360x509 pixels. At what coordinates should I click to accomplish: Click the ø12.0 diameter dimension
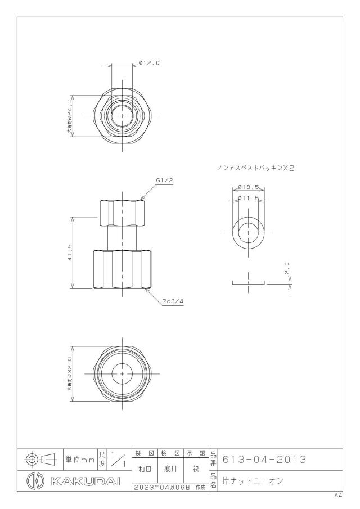(149, 63)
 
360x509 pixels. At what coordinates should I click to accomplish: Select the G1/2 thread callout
(164, 181)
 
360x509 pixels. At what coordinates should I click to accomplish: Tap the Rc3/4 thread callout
(173, 301)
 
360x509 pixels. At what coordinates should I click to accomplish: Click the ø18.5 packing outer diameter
(248, 187)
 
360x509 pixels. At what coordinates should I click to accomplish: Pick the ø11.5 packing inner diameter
(248, 197)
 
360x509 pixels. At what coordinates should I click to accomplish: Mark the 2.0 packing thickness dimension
(287, 268)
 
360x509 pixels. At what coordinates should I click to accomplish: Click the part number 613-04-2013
(264, 460)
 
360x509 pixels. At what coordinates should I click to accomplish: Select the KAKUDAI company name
(85, 481)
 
